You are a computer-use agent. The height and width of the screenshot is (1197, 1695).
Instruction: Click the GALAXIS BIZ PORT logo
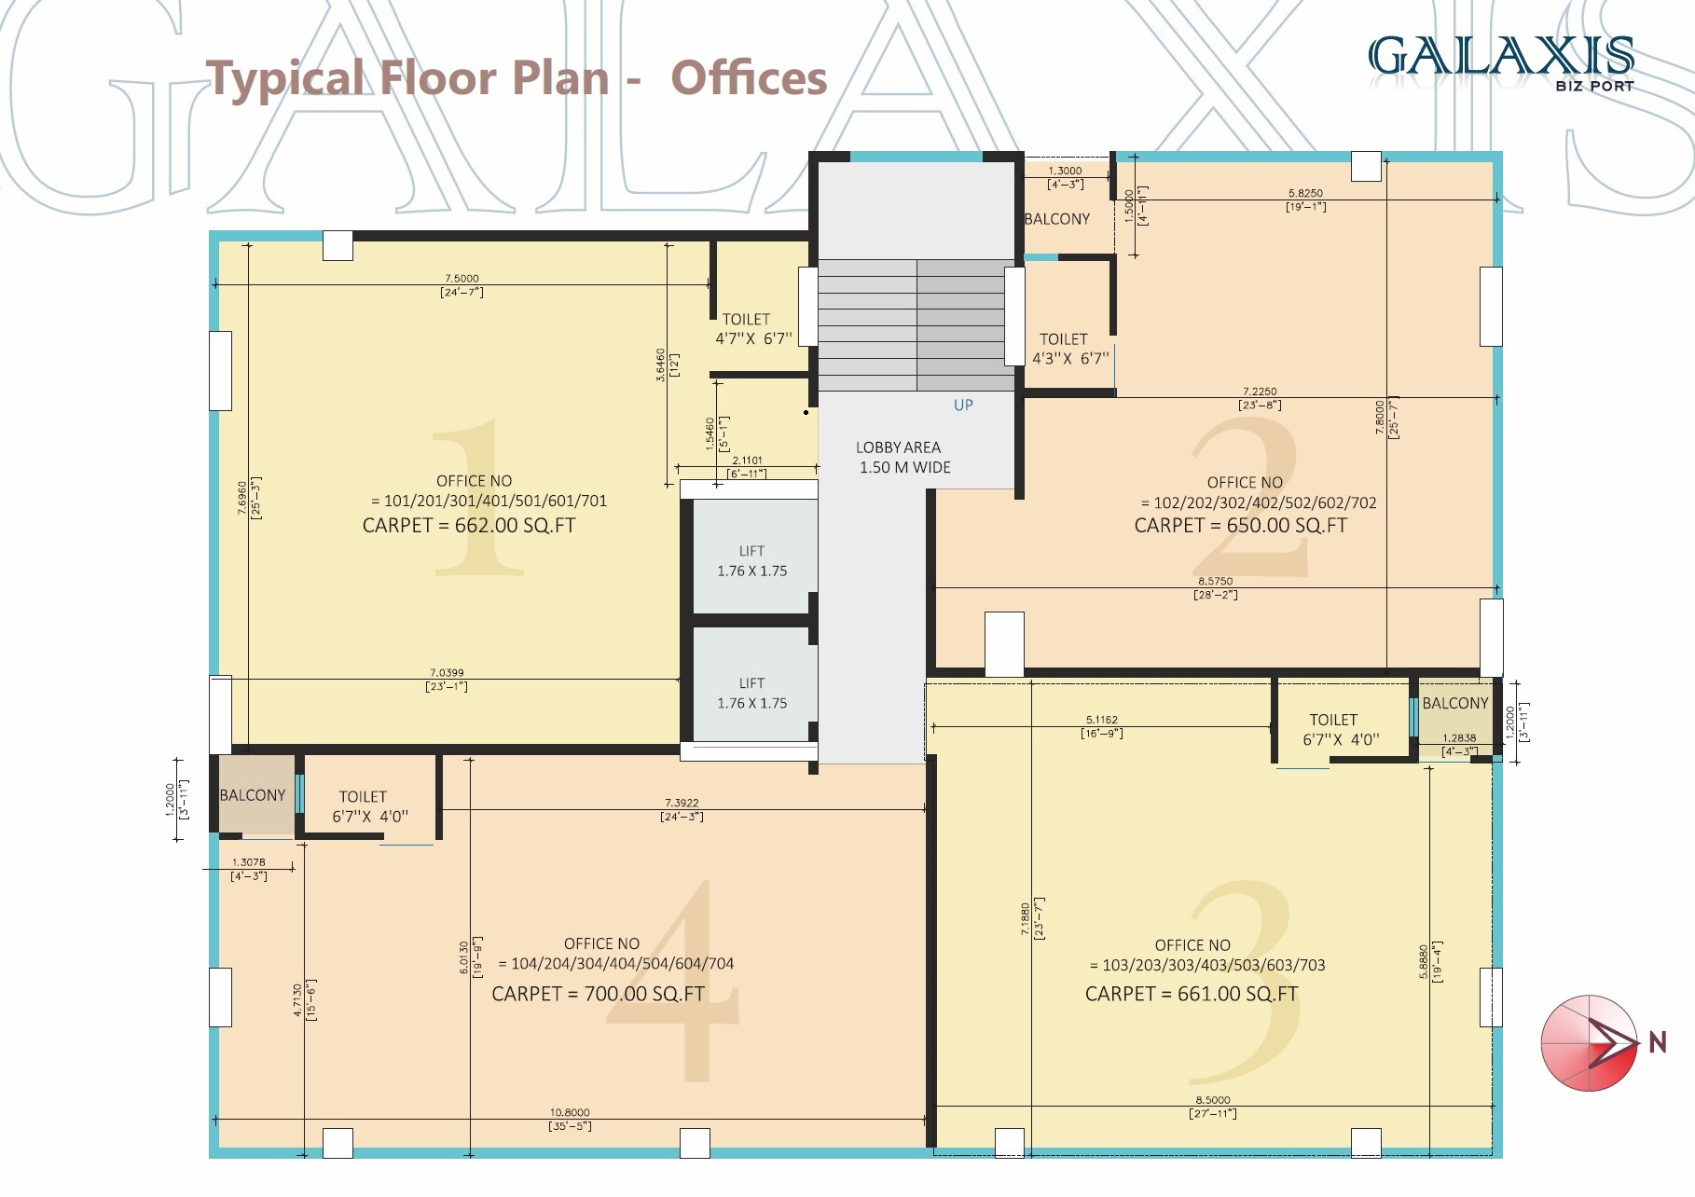coord(1501,62)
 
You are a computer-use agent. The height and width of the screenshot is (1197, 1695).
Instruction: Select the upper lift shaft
coord(751,559)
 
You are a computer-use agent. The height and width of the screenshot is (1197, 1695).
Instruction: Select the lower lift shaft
coord(751,693)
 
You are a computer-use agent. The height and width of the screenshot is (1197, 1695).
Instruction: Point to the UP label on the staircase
coord(963,406)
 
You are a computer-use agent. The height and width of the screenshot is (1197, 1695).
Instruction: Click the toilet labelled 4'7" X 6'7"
coord(752,329)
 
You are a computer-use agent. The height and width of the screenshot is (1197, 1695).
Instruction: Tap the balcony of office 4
coord(253,795)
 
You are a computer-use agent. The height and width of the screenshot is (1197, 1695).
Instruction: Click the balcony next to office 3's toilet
coord(1454,704)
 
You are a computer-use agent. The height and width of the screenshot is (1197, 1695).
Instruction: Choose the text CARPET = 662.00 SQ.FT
coord(469,526)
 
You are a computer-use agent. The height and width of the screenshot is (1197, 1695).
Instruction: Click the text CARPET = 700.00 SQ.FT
coord(598,994)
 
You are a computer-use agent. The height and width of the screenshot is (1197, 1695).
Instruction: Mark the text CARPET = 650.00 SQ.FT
coord(1240,526)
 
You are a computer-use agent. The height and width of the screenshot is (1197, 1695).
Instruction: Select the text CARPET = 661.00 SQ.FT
coord(1191,994)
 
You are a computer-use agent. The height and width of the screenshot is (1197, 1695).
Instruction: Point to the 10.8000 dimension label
coord(570,1113)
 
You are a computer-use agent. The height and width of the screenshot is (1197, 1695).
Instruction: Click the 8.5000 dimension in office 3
coord(1213,1101)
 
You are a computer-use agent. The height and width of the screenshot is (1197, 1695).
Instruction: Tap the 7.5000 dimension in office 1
coord(462,279)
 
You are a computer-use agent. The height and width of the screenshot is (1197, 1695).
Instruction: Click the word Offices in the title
coord(749,78)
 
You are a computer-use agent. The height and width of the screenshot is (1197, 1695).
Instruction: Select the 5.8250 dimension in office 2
coord(1305,194)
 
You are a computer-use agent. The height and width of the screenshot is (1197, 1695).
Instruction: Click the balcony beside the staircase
coord(1057,219)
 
